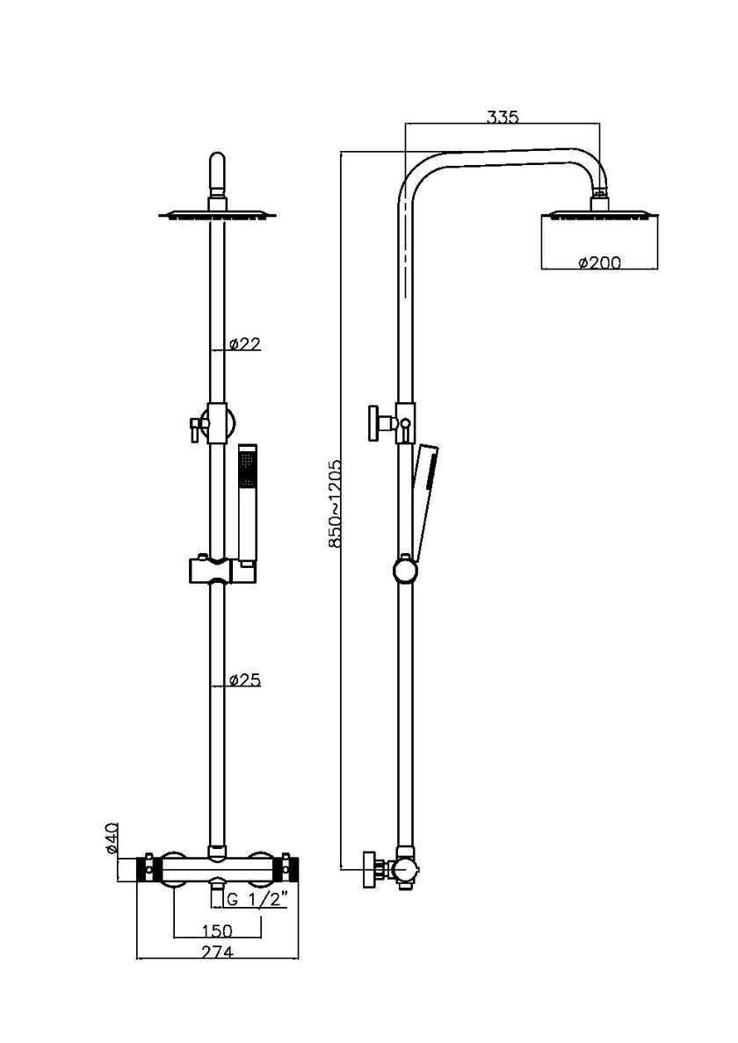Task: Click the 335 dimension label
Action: (502, 116)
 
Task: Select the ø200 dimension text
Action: (599, 263)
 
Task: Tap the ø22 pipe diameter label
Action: (244, 344)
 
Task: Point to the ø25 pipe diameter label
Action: (244, 680)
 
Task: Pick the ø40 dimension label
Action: (112, 838)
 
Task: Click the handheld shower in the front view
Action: (249, 505)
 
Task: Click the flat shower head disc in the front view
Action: (217, 213)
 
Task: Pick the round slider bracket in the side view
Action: (404, 572)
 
